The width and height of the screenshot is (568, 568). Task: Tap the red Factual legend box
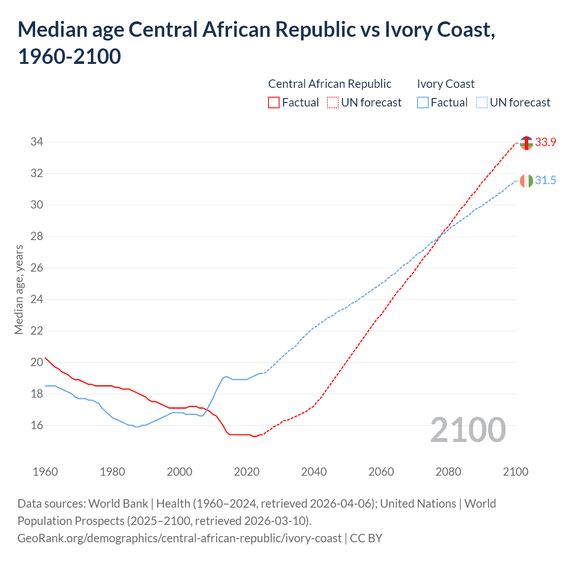274,103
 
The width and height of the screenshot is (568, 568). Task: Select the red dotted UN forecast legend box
333,103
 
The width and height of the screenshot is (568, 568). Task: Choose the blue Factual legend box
422,103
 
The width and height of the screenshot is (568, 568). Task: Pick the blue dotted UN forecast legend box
481,103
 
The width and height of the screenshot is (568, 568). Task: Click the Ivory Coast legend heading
446,84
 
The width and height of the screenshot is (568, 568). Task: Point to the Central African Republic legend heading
330,84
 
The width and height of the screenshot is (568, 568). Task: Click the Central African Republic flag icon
526,143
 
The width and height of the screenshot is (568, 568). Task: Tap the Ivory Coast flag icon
526,181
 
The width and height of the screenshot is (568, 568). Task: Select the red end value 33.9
545,142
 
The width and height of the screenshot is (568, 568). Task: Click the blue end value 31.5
545,180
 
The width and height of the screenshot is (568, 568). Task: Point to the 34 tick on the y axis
36,142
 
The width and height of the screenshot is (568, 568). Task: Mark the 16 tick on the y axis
36,425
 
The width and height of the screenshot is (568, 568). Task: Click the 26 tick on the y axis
36,268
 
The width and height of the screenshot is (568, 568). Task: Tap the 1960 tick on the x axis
45,472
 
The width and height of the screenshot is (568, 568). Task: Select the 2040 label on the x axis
314,472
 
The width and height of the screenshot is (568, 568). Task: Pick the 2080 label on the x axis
448,472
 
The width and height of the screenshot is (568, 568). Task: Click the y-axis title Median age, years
19,289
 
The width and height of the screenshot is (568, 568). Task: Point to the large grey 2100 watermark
468,430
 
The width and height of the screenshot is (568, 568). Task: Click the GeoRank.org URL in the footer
179,538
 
